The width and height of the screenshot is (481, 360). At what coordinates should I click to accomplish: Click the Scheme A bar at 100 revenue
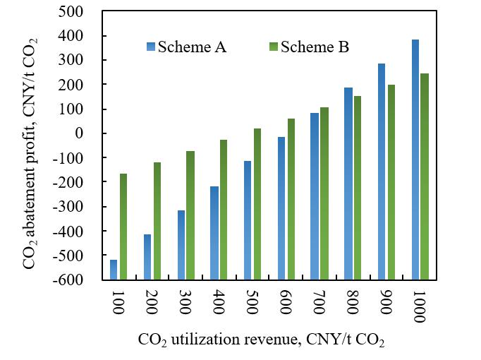coord(114,270)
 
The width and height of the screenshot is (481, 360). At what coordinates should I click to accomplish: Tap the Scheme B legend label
coord(315,47)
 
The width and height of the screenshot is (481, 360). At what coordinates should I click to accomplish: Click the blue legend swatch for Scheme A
coord(151,47)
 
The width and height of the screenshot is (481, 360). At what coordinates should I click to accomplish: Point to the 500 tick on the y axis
coord(85,12)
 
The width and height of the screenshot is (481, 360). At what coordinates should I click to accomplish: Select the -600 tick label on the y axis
coord(82,280)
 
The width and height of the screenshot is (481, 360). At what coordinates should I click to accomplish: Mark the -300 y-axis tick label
coord(82,207)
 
